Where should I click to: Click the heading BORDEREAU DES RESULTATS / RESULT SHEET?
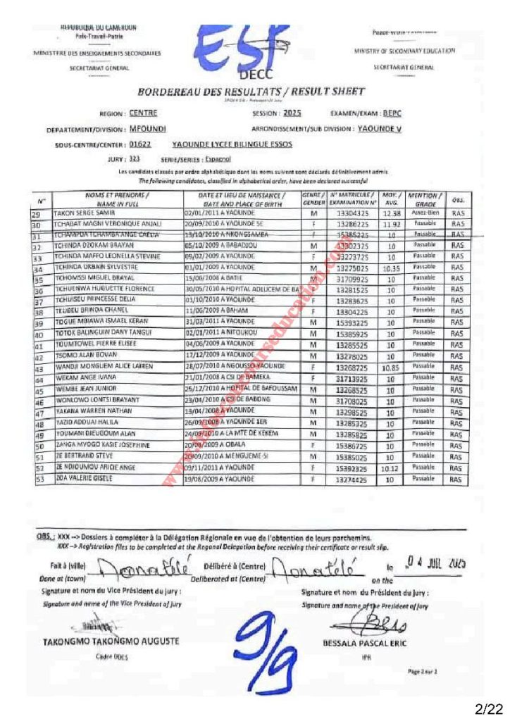[251, 91]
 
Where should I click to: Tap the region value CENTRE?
[144, 113]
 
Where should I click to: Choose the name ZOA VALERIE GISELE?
[74, 478]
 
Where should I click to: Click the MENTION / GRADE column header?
[425, 198]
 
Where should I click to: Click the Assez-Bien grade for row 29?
[425, 213]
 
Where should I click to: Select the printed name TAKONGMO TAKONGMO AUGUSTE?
[111, 641]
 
